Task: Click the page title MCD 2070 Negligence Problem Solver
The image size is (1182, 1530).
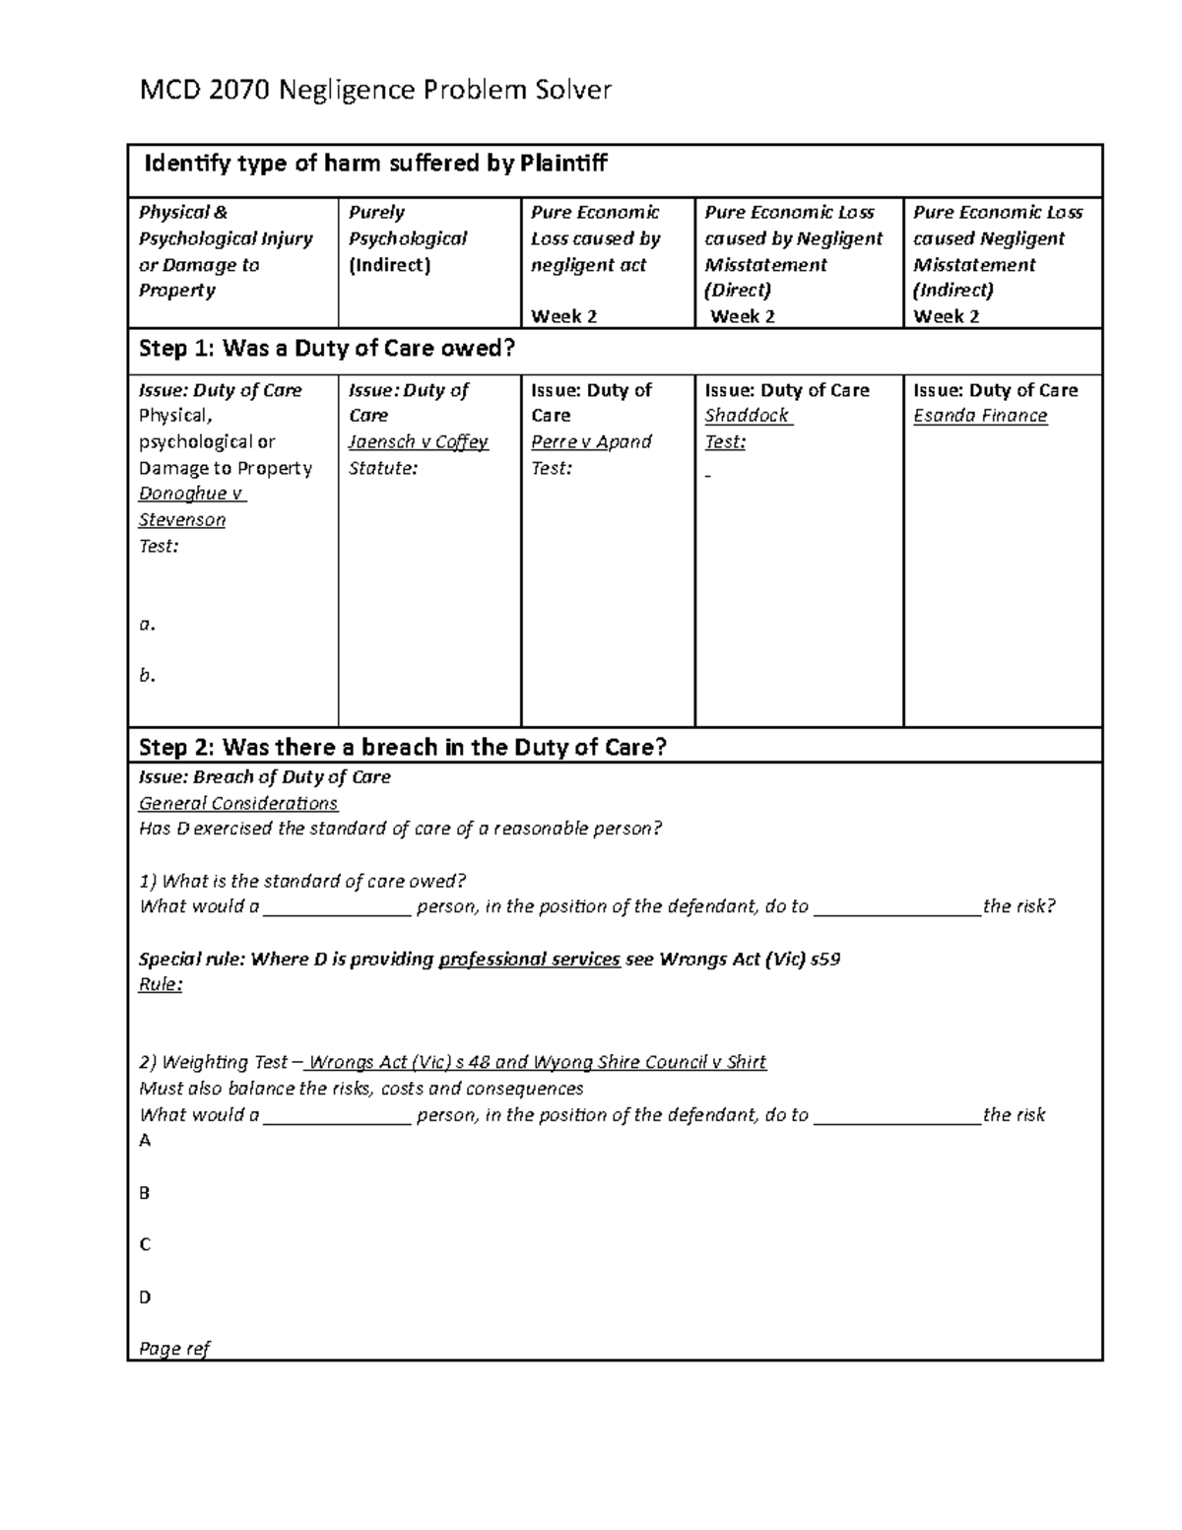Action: tap(375, 91)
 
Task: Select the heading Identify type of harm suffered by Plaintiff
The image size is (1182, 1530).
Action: tap(375, 164)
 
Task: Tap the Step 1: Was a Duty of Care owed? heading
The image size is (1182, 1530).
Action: tap(327, 348)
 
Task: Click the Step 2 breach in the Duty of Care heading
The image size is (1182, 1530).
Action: tap(403, 747)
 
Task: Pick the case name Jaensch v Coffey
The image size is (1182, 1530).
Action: tap(418, 441)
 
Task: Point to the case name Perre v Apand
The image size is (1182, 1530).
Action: tap(591, 441)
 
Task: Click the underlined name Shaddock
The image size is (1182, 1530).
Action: tap(747, 416)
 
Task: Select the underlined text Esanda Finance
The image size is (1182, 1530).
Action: tap(980, 416)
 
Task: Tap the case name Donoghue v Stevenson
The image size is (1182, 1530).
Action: tap(192, 506)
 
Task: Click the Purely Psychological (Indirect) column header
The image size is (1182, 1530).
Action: tap(407, 238)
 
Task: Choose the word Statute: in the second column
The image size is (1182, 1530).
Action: tap(382, 468)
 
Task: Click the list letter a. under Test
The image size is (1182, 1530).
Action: tap(148, 624)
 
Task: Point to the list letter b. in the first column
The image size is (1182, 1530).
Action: tap(148, 676)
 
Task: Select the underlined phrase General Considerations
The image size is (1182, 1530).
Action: tap(238, 803)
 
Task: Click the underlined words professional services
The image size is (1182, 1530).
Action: tap(529, 959)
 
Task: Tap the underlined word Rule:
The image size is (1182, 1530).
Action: tap(161, 984)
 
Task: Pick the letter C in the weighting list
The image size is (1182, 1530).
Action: tap(145, 1244)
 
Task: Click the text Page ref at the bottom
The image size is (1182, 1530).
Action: tap(174, 1349)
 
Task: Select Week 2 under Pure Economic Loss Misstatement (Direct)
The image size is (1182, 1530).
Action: tap(743, 316)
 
